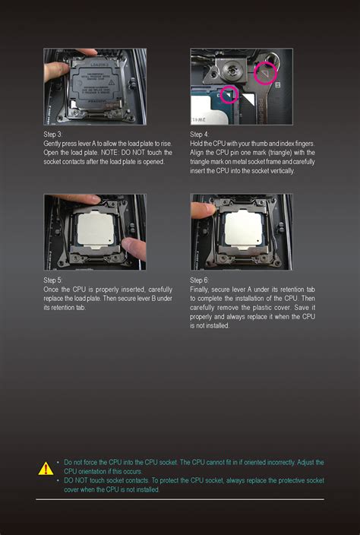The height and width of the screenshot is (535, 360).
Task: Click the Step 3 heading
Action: (53, 135)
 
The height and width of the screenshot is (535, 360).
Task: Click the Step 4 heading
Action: (200, 135)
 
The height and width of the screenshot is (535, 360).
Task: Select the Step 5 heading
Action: (53, 280)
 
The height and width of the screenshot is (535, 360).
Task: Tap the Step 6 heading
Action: (200, 280)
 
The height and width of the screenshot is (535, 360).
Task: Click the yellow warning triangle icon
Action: (46, 469)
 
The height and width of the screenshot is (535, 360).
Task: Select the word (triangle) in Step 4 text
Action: (267, 153)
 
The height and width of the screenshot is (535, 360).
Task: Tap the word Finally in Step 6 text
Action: (200, 290)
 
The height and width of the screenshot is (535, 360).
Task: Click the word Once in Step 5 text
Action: (51, 290)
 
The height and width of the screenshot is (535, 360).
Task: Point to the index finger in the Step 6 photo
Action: (204, 211)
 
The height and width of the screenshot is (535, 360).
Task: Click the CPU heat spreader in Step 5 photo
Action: (96, 228)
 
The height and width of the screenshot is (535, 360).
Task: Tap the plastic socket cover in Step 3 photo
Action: (96, 84)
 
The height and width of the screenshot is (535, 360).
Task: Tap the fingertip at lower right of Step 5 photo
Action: (134, 249)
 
